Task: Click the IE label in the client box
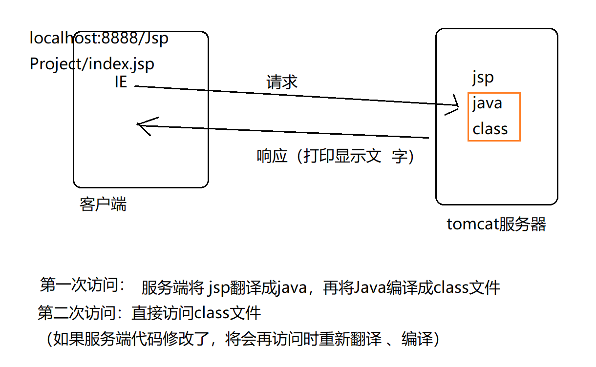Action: click(x=121, y=82)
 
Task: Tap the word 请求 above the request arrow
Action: click(x=282, y=82)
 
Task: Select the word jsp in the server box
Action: click(x=483, y=78)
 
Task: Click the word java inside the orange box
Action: click(x=487, y=103)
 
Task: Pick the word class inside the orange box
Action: click(x=490, y=129)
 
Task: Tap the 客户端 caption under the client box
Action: click(x=103, y=204)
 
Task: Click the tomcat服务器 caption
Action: click(x=496, y=224)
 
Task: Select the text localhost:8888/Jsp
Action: click(x=99, y=38)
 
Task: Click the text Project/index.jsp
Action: click(x=92, y=64)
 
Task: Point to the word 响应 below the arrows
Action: click(x=272, y=156)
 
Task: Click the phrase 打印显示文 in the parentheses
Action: click(x=342, y=156)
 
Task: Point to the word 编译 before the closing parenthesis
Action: click(x=417, y=339)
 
